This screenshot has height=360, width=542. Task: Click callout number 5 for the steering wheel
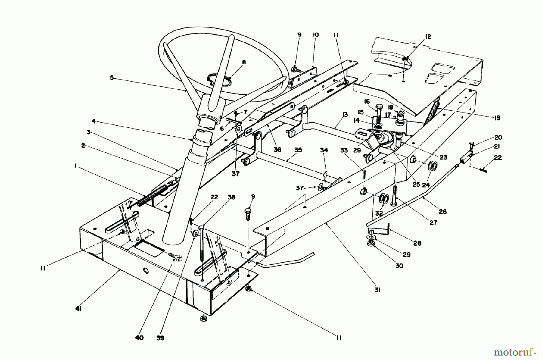pos(112,77)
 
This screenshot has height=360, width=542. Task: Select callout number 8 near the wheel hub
pos(244,62)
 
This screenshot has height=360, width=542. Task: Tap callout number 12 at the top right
pos(428,37)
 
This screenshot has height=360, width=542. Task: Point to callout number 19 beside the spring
pos(497,118)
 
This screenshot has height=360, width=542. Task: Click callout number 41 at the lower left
pos(79,309)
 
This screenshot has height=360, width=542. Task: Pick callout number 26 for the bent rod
pos(442,211)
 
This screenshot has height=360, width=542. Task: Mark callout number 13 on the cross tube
pos(345,114)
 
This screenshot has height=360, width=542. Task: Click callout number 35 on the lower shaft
pos(298,150)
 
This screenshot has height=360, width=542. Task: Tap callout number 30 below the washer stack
pos(400,266)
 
